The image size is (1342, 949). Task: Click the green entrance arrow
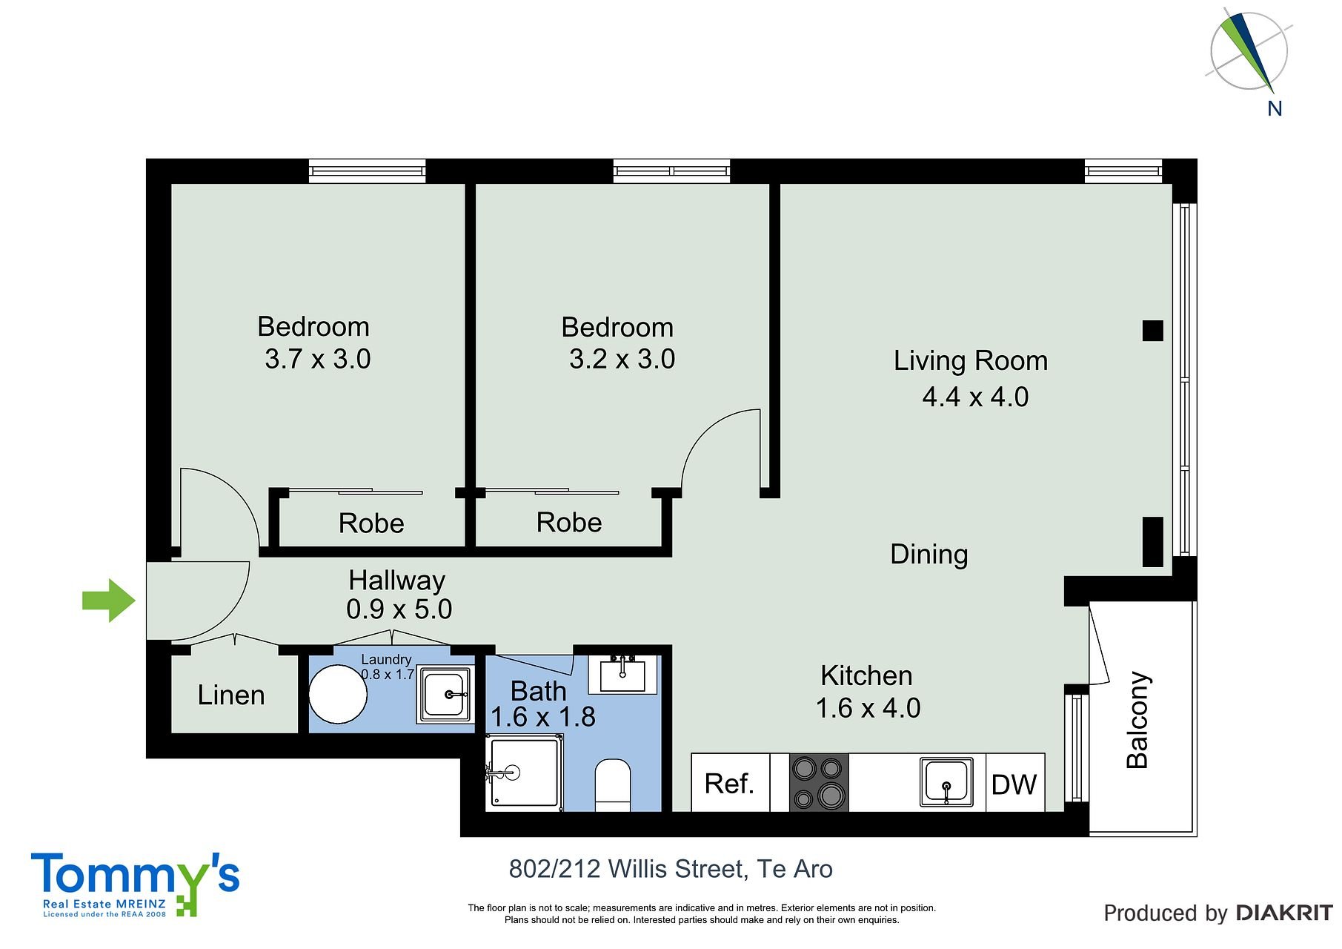(x=109, y=600)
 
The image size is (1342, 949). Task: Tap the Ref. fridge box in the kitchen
(x=731, y=782)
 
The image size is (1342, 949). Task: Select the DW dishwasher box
(x=1014, y=782)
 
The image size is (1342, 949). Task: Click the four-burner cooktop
(x=819, y=782)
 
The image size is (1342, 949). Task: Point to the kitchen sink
(x=946, y=782)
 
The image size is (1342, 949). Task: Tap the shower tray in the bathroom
(x=525, y=773)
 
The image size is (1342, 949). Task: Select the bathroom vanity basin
(x=622, y=673)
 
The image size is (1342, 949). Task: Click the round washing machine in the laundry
(x=338, y=694)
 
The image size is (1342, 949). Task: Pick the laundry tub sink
(x=445, y=694)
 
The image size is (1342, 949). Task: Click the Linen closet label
(x=231, y=695)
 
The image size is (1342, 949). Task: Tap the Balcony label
(x=1137, y=720)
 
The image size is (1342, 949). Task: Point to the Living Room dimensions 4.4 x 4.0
(x=975, y=397)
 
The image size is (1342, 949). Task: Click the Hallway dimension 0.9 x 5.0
(x=399, y=609)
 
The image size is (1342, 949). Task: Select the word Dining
(x=929, y=555)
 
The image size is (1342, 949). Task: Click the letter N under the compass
(x=1275, y=108)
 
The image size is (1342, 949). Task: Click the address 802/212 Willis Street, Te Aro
(x=671, y=868)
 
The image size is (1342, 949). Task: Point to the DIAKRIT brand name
(x=1283, y=913)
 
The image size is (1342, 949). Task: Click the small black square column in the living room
(x=1152, y=331)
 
